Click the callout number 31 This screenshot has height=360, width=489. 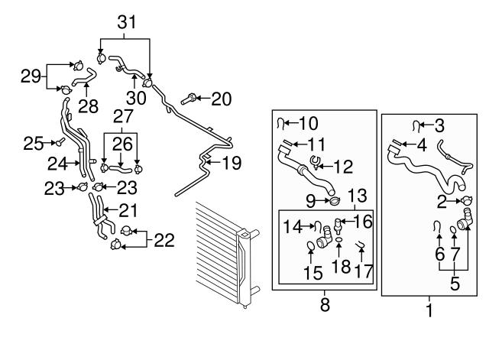click(x=125, y=24)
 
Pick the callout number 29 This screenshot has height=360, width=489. click(x=31, y=76)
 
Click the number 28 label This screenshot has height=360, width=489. click(x=88, y=106)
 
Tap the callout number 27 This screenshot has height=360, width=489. click(x=122, y=116)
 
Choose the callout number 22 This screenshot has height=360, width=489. click(x=164, y=240)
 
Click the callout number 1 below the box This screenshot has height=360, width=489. click(x=429, y=310)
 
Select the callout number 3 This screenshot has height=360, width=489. click(x=439, y=125)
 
